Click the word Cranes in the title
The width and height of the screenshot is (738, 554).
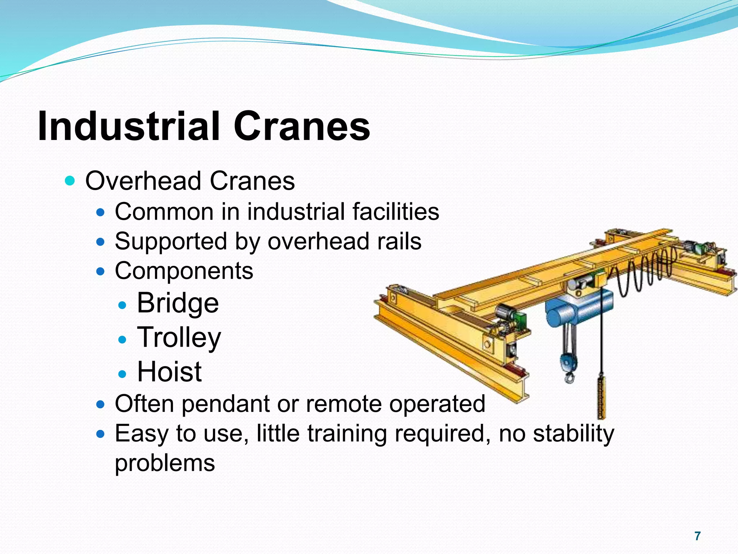point(302,126)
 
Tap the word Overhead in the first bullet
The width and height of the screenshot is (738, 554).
point(143,181)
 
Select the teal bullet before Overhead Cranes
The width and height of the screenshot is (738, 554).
point(70,180)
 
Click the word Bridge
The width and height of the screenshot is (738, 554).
point(178,303)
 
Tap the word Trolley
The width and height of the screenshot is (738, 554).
point(179,338)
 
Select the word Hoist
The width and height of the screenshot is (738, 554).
point(169,371)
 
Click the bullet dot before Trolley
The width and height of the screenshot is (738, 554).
point(123,339)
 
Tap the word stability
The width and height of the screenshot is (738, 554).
point(573,434)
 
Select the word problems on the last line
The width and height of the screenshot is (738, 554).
point(165,463)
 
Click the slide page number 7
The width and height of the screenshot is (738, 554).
point(698,536)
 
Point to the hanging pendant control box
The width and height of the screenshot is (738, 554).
point(601,397)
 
